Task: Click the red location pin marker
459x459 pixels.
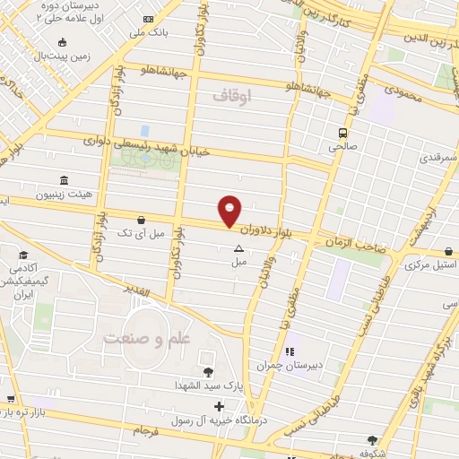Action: [229, 211]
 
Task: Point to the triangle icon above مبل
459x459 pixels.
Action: [238, 248]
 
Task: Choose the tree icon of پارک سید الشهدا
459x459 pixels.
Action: [208, 372]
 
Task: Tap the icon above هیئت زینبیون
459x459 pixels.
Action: [63, 180]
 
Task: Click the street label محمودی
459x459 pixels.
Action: [403, 90]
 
